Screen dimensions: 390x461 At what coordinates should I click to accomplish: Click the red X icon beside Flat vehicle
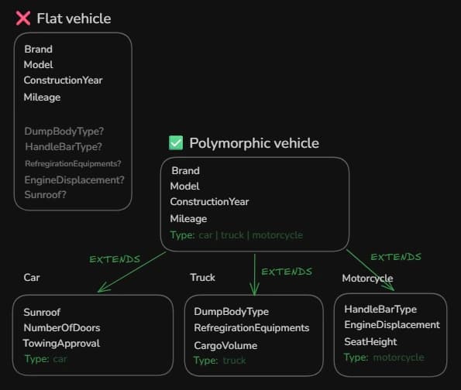[x=22, y=18]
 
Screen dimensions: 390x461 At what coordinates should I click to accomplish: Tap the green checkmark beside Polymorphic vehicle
[x=176, y=142]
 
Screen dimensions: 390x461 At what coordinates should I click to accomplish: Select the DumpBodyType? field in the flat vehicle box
[x=64, y=131]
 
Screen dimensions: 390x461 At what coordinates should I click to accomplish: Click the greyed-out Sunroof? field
[x=45, y=194]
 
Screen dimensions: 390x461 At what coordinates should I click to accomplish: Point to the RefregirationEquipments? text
[x=73, y=163]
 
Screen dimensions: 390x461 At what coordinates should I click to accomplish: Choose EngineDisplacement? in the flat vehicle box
[x=74, y=180]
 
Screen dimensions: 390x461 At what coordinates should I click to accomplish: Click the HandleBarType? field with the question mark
[x=64, y=146]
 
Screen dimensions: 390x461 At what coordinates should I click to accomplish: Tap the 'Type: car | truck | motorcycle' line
[x=236, y=234]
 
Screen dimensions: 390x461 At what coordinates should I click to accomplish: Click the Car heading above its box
[x=32, y=277]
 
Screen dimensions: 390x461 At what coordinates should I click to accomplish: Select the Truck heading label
[x=202, y=277]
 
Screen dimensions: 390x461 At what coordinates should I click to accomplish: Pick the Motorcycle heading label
[x=367, y=278]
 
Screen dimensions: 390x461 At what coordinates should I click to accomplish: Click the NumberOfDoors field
[x=61, y=327]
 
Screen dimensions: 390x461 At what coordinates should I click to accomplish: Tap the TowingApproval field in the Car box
[x=61, y=343]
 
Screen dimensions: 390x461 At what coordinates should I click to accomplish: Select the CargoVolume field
[x=225, y=345]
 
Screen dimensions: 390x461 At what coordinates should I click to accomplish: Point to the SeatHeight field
[x=370, y=341]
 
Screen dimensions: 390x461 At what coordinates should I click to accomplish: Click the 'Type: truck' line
[x=219, y=360]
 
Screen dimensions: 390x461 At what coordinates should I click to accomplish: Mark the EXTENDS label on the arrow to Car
[x=115, y=259]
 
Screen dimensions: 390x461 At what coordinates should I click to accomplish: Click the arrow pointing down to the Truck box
[x=254, y=275]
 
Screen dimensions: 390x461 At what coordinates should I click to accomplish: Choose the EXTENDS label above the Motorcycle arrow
[x=395, y=257]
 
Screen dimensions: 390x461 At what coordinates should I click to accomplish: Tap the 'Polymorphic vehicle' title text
[x=253, y=143]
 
